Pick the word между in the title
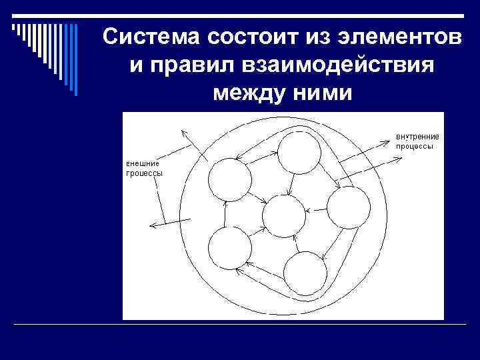coord(245,95)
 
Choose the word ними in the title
coord(321,95)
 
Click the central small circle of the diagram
coord(283,216)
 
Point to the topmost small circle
coord(299,153)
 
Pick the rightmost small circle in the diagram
coord(349,208)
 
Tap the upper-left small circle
coord(230,179)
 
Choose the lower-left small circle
coord(229,248)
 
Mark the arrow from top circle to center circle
coord(290,184)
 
